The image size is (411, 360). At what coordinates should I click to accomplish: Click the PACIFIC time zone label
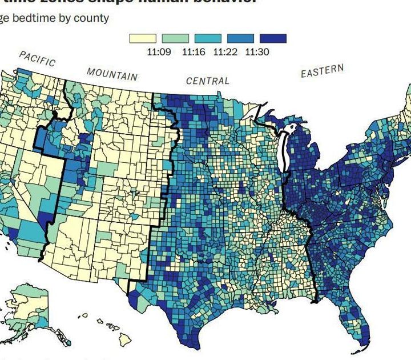click(37, 58)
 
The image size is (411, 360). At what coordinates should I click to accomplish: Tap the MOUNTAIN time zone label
click(112, 74)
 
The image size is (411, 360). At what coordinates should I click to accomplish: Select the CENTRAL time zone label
click(208, 81)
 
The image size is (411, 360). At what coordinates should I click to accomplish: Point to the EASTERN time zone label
click(323, 71)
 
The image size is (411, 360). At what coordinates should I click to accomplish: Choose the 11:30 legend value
click(257, 51)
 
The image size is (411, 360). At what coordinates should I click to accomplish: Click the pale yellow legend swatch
click(143, 38)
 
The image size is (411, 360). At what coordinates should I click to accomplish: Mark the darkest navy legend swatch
click(273, 38)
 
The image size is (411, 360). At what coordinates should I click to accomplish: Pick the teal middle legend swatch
click(208, 38)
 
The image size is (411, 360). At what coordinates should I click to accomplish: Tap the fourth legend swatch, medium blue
click(240, 38)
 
